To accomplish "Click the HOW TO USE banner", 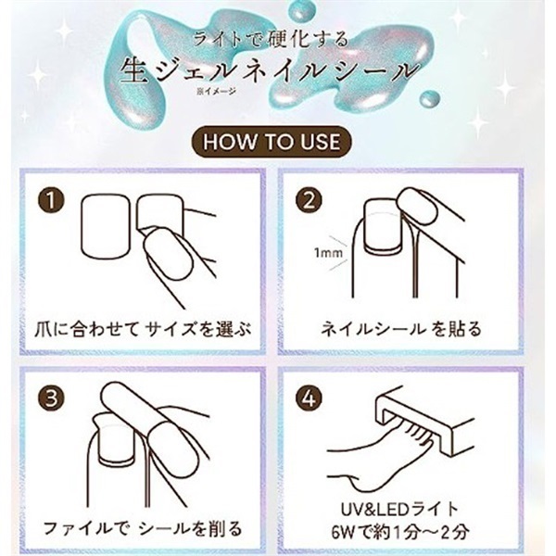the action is [272, 142].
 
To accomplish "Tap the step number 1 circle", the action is [51, 201].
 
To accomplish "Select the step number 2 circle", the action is [310, 201].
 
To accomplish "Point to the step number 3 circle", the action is [51, 398].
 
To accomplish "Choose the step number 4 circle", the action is [310, 398].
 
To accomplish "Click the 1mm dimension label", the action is [328, 253].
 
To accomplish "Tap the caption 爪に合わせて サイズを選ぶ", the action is [143, 329].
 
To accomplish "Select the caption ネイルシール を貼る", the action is [401, 329].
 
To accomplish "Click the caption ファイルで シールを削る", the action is [143, 528].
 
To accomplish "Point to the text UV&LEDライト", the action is [400, 510].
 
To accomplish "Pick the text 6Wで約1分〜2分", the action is [400, 532].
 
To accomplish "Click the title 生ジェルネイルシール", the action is [271, 70].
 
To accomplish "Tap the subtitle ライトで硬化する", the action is [271, 39].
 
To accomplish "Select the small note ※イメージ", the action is [216, 92].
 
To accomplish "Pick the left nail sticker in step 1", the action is [106, 225].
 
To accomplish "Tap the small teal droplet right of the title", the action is [430, 99].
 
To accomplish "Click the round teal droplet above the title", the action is [300, 11].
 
